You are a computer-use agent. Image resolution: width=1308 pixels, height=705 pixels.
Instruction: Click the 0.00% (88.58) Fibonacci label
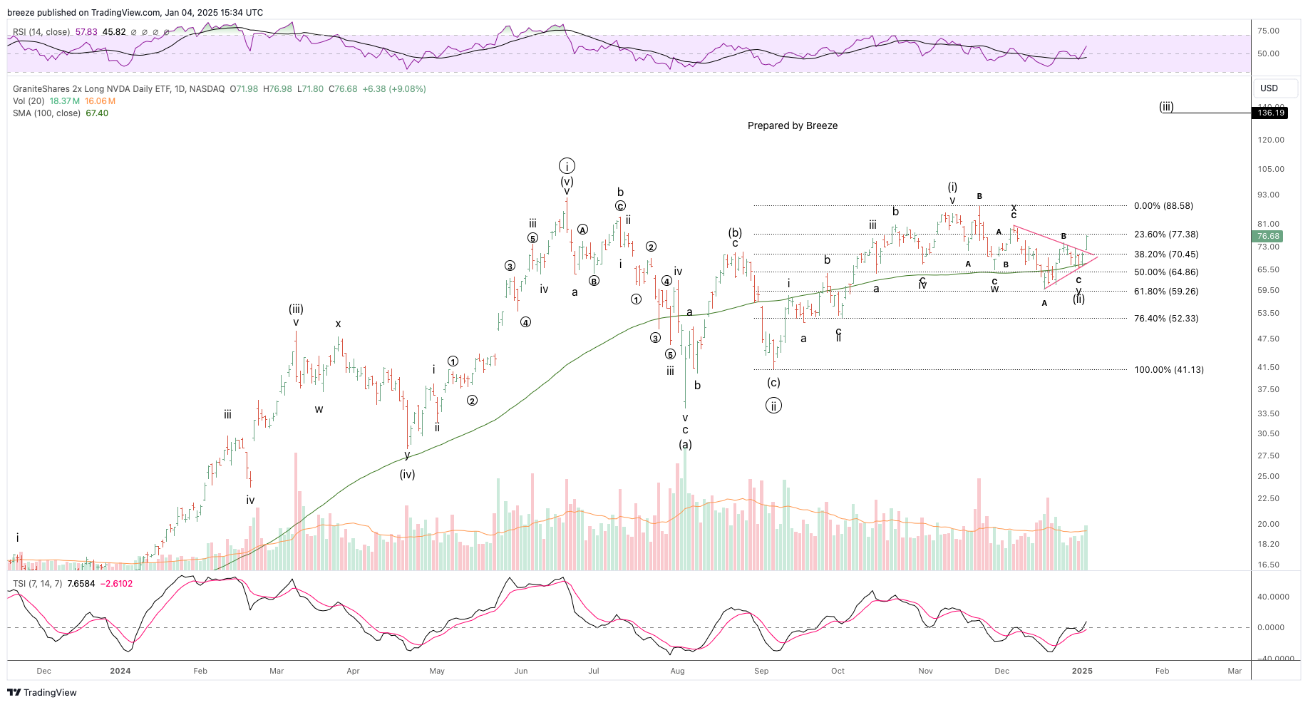[1163, 206]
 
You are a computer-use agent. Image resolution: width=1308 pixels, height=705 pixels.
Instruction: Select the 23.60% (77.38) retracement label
[1166, 235]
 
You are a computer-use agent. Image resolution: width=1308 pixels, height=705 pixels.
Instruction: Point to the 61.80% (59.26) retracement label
[1166, 292]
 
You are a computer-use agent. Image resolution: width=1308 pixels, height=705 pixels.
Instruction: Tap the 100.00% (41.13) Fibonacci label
[1169, 370]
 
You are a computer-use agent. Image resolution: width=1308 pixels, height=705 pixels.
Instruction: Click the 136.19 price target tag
[1271, 113]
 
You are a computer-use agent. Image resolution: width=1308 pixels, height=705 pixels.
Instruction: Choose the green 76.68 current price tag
[1268, 236]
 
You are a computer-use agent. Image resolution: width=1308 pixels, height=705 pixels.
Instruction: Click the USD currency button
[1269, 88]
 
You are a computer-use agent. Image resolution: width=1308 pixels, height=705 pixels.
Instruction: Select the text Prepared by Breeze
[793, 125]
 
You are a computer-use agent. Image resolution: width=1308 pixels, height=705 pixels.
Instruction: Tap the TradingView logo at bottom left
[42, 692]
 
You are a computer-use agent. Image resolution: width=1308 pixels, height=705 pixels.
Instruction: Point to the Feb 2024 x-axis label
[200, 671]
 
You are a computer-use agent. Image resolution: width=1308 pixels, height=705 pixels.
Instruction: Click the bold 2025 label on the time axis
[1082, 671]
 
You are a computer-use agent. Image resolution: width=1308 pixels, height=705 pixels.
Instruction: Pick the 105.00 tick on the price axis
[1271, 169]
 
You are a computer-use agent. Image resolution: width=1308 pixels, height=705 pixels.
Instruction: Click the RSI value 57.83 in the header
[86, 32]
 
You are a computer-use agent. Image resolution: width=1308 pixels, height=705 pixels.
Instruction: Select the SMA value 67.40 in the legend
[97, 113]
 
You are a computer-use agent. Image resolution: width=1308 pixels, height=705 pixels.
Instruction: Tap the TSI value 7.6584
[81, 584]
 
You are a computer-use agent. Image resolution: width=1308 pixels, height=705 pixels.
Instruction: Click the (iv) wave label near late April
[407, 475]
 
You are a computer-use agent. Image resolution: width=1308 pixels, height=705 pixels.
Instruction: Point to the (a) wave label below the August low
[685, 445]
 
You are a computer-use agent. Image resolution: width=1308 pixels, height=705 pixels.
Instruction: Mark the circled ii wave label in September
[773, 406]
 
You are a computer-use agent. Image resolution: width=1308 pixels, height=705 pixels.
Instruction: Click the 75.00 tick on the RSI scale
[1268, 31]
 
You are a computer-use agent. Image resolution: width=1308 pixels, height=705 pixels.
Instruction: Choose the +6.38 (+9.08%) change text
[394, 89]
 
